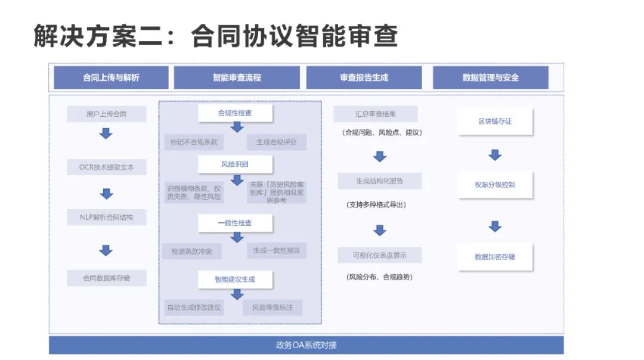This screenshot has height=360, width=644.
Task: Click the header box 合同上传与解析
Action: pyautogui.click(x=111, y=77)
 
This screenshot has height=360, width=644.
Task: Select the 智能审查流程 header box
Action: pyautogui.click(x=237, y=77)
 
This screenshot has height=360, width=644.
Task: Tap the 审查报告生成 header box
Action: pyautogui.click(x=364, y=77)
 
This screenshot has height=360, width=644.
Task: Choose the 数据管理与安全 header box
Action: pyautogui.click(x=490, y=77)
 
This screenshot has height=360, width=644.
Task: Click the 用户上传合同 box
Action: pyautogui.click(x=106, y=114)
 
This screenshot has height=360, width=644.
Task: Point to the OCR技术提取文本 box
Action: pyautogui.click(x=106, y=167)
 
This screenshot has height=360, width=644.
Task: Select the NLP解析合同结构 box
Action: pyautogui.click(x=106, y=218)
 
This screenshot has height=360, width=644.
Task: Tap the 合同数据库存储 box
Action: pyautogui.click(x=106, y=278)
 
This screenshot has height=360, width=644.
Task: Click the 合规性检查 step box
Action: pyautogui.click(x=235, y=113)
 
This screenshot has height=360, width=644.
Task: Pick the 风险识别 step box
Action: pyautogui.click(x=235, y=164)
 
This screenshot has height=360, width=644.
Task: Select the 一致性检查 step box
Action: pyautogui.click(x=235, y=223)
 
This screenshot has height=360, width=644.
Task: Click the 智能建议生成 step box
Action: pyautogui.click(x=235, y=279)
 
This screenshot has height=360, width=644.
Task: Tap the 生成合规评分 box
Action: pyautogui.click(x=277, y=142)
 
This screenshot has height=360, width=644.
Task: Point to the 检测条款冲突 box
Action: pyautogui.click(x=191, y=252)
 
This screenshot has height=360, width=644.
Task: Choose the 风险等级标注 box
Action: pyautogui.click(x=273, y=308)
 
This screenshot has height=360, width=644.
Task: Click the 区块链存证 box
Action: pyautogui.click(x=495, y=122)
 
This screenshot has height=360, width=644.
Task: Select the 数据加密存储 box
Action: pyautogui.click(x=495, y=257)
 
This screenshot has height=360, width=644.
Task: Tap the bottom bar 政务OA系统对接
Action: pyautogui.click(x=306, y=345)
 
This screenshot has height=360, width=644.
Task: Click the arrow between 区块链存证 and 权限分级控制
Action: pyautogui.click(x=495, y=155)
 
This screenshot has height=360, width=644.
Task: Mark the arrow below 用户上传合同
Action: pyautogui.click(x=106, y=134)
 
